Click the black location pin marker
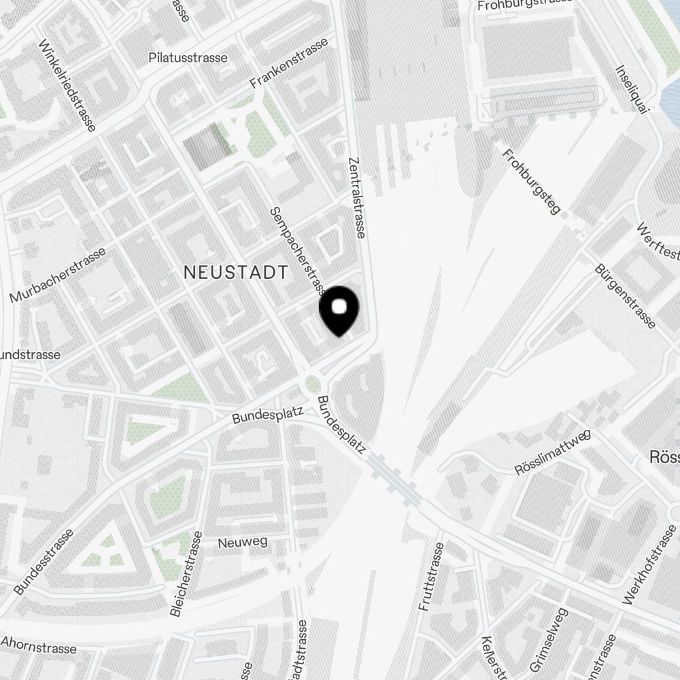[339, 309]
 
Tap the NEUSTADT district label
[236, 273]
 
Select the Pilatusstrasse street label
[188, 58]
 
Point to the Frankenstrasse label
[289, 63]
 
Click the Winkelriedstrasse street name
[67, 84]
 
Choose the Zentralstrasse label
[356, 197]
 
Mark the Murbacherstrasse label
[58, 275]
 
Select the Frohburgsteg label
[531, 182]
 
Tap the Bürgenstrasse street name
[625, 296]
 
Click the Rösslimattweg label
[553, 452]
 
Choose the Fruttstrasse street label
[432, 577]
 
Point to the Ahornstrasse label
[39, 645]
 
